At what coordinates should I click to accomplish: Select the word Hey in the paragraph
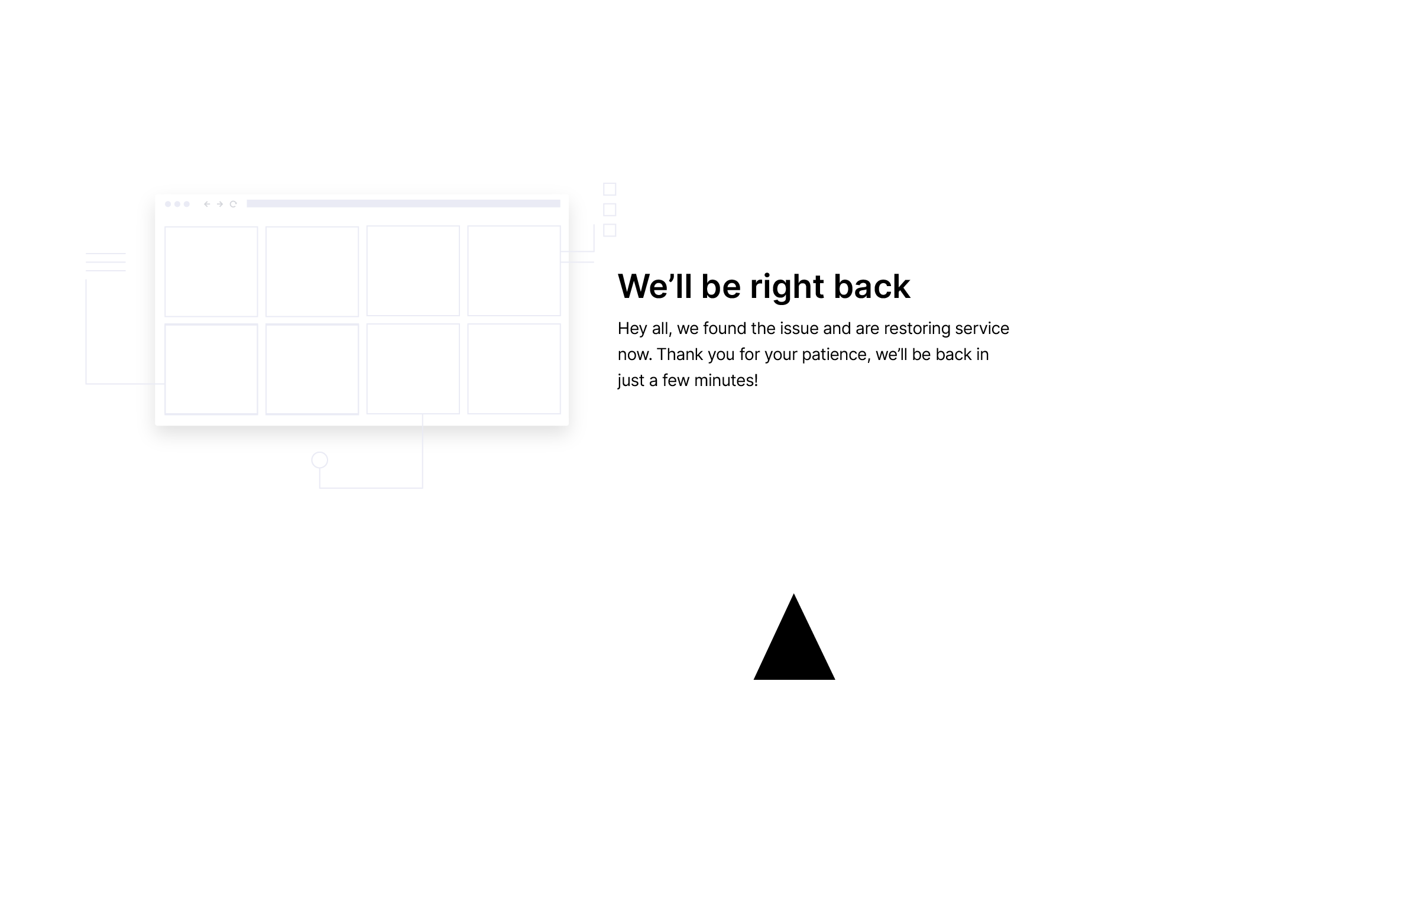pyautogui.click(x=633, y=329)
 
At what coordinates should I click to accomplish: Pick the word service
pyautogui.click(x=982, y=328)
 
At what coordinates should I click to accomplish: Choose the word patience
pyautogui.click(x=836, y=355)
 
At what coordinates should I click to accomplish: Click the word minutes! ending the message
pyautogui.click(x=726, y=380)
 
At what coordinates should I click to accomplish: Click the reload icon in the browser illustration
pyautogui.click(x=233, y=204)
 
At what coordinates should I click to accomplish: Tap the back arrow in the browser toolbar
pyautogui.click(x=207, y=204)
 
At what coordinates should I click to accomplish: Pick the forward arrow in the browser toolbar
pyautogui.click(x=220, y=204)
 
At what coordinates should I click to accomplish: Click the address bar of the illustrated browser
pyautogui.click(x=403, y=204)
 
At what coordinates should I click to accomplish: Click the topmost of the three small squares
pyautogui.click(x=610, y=189)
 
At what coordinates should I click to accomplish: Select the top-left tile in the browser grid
pyautogui.click(x=211, y=271)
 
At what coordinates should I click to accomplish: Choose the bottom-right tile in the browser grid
pyautogui.click(x=514, y=369)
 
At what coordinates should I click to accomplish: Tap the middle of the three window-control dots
pyautogui.click(x=177, y=204)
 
